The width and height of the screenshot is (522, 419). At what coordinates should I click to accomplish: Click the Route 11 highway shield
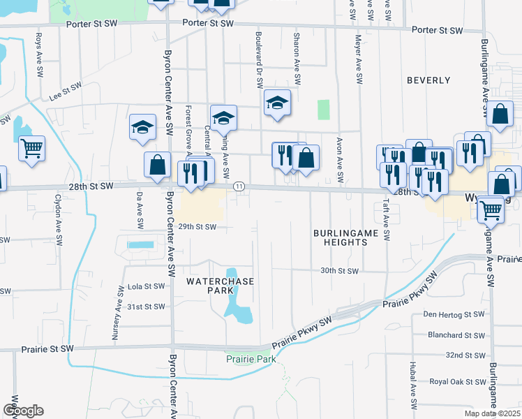(x=239, y=186)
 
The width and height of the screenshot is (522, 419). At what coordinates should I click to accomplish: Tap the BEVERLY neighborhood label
(x=428, y=80)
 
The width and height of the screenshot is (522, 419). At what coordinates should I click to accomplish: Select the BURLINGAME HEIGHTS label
(x=340, y=237)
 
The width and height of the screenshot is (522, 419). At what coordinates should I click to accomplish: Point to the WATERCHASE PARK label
(x=220, y=286)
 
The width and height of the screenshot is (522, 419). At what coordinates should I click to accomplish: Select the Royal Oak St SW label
(x=457, y=382)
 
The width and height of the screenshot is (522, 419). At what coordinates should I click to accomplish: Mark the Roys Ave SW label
(x=39, y=48)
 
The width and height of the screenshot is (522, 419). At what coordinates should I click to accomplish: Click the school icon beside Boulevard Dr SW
(x=277, y=104)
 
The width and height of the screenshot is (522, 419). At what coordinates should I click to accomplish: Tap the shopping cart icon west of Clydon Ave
(x=31, y=147)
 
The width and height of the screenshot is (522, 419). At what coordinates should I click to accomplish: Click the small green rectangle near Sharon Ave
(x=323, y=110)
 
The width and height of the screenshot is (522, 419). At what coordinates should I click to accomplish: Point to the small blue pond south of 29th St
(x=140, y=245)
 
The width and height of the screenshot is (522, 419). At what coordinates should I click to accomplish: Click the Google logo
(x=23, y=411)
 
